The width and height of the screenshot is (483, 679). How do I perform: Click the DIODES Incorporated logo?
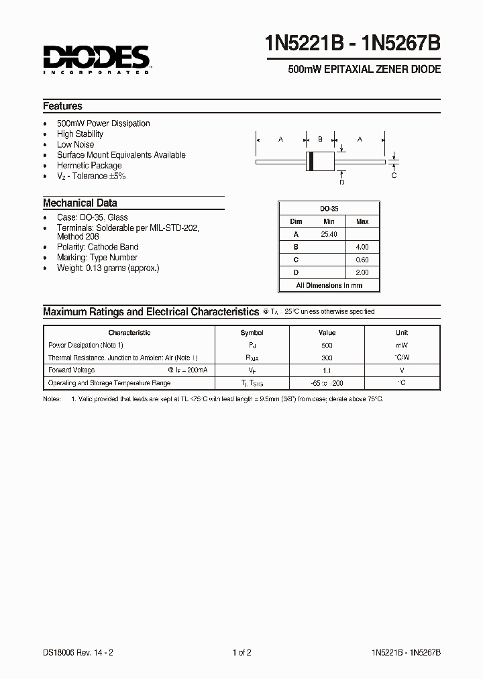(x=97, y=59)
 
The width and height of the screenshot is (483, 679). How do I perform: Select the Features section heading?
(x=62, y=106)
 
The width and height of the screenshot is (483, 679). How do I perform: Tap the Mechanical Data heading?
(x=80, y=203)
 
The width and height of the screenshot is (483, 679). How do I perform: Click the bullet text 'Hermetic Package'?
(x=89, y=166)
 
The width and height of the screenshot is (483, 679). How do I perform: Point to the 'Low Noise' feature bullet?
(x=75, y=144)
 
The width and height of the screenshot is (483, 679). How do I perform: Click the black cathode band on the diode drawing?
(x=311, y=162)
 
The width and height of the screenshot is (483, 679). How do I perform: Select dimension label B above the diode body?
(x=320, y=139)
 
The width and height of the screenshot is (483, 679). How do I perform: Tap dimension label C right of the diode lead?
(x=394, y=175)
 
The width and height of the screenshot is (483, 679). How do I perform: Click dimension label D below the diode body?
(x=341, y=182)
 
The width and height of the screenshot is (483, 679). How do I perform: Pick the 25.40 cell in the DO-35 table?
(x=329, y=234)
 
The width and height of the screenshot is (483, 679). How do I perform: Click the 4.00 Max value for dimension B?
(x=362, y=247)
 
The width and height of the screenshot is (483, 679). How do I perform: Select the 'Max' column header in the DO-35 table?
(x=362, y=221)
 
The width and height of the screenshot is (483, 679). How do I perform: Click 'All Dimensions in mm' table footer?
(x=329, y=285)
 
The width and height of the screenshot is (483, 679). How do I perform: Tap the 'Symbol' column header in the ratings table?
(x=252, y=333)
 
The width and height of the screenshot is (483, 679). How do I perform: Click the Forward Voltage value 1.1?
(x=327, y=370)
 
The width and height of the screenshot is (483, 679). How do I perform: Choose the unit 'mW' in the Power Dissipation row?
(x=401, y=345)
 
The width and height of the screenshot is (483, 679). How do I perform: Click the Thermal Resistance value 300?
(x=327, y=358)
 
